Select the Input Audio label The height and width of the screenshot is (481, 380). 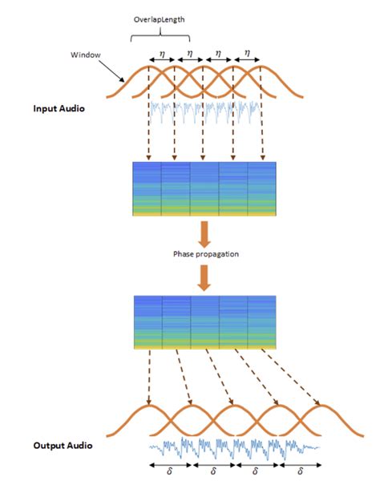[60, 107]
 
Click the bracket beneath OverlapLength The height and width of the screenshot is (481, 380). [160, 34]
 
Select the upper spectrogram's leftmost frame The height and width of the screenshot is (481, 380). [147, 189]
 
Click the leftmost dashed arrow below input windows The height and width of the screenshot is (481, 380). [148, 128]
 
